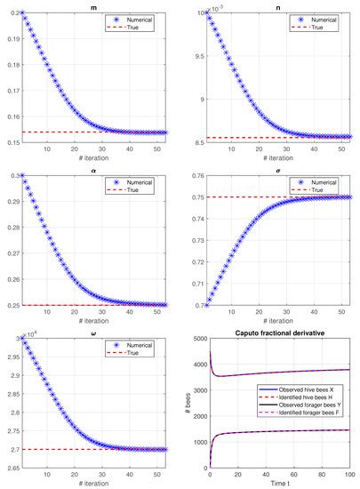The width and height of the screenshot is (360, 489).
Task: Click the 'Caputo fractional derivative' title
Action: (280, 333)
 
